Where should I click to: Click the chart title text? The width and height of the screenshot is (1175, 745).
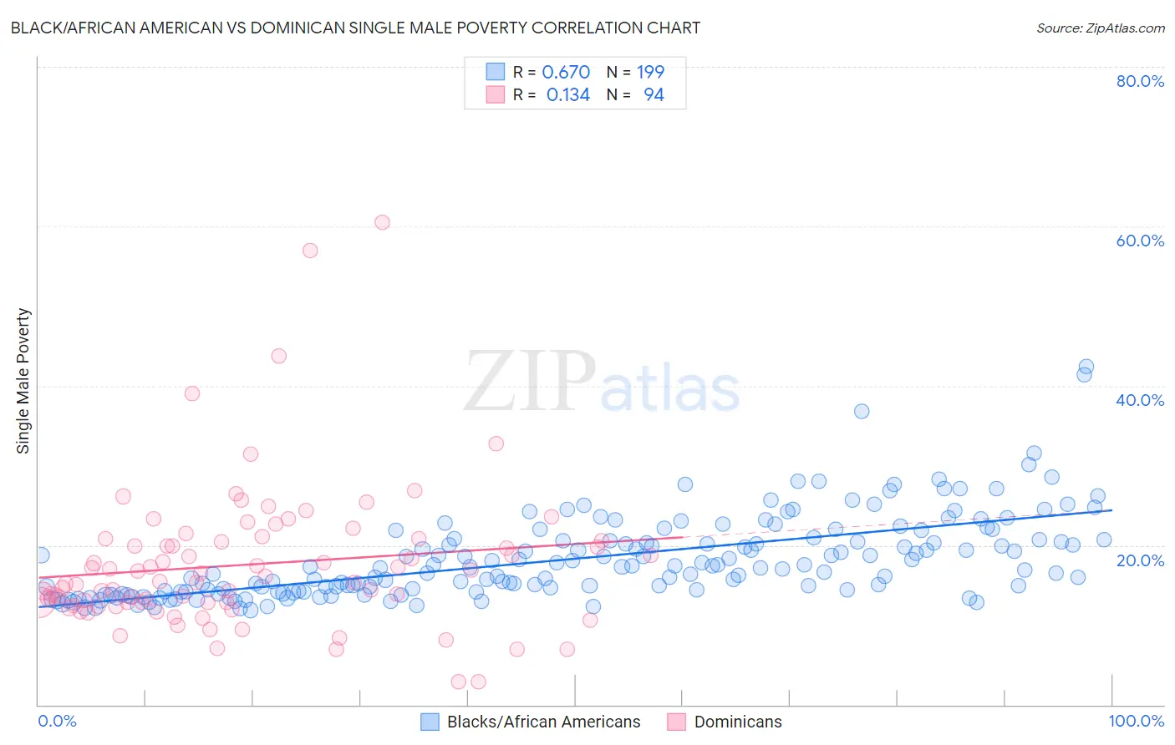355,28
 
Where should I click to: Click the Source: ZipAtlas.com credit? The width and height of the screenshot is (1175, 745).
1100,28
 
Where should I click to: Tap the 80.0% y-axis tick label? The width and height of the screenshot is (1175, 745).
1140,81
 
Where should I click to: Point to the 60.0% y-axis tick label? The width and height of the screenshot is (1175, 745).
1140,241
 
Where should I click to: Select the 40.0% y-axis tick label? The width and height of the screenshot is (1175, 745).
1140,400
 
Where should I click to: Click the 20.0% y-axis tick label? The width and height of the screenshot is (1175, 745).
1140,560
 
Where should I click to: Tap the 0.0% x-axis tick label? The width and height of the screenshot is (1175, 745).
57,721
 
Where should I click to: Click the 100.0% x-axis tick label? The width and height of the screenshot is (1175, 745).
1136,721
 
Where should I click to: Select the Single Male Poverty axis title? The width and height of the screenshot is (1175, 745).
23,381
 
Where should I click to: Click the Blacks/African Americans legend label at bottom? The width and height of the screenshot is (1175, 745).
543,722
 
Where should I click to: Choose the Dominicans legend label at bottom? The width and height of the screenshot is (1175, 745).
738,722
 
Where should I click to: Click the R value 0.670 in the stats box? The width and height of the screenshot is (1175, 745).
566,72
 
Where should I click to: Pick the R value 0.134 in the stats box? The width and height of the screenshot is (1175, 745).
568,95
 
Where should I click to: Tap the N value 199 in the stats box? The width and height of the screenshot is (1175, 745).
650,72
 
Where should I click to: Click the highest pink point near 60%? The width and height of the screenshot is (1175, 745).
382,222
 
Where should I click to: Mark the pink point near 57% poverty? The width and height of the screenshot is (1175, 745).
310,250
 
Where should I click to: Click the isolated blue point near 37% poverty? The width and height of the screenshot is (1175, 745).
862,411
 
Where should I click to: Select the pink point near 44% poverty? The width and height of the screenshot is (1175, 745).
279,356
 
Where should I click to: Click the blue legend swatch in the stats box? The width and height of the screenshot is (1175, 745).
496,72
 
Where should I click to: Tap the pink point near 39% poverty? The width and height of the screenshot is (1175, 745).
192,393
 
